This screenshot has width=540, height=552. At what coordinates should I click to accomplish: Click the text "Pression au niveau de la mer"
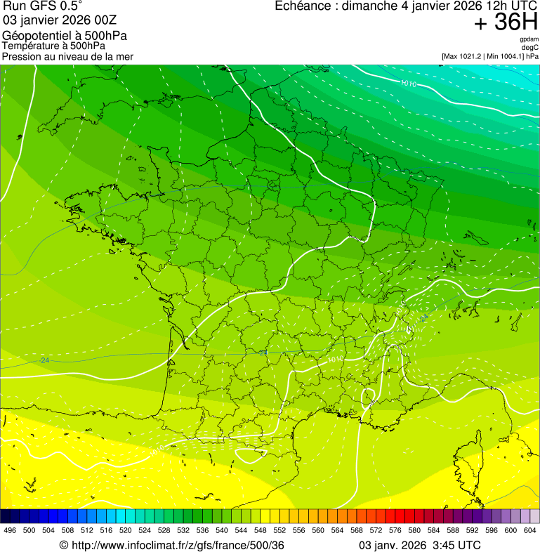point(67,56)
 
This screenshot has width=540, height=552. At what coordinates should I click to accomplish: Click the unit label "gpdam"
point(529,39)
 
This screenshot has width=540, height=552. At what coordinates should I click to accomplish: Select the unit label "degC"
point(530,47)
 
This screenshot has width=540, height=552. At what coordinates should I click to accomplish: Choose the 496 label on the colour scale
point(10,530)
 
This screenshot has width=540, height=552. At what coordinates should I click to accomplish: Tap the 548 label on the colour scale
point(261,530)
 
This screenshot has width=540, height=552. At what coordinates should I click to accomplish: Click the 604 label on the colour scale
point(530,530)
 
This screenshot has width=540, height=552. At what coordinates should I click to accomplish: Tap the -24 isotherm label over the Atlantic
point(45,361)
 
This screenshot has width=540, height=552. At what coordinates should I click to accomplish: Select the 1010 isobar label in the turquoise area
point(408,84)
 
